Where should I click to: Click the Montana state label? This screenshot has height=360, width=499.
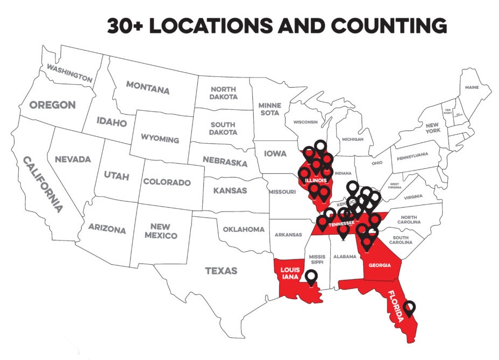pyautogui.click(x=147, y=87)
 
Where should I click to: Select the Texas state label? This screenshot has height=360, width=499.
pyautogui.click(x=221, y=271)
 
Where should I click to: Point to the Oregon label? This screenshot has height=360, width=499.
pyautogui.click(x=52, y=105)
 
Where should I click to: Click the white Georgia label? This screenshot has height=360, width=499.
pyautogui.click(x=383, y=265)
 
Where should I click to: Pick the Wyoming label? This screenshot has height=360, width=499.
pyautogui.click(x=160, y=138)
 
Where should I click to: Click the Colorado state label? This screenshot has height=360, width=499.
pyautogui.click(x=167, y=182)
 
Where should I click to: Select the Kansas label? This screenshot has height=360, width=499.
pyautogui.click(x=230, y=190)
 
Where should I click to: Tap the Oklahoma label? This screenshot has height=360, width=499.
pyautogui.click(x=244, y=229)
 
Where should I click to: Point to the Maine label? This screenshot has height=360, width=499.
pyautogui.click(x=472, y=87)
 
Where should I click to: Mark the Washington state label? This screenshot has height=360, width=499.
pyautogui.click(x=69, y=73)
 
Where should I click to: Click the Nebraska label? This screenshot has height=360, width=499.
pyautogui.click(x=225, y=161)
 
